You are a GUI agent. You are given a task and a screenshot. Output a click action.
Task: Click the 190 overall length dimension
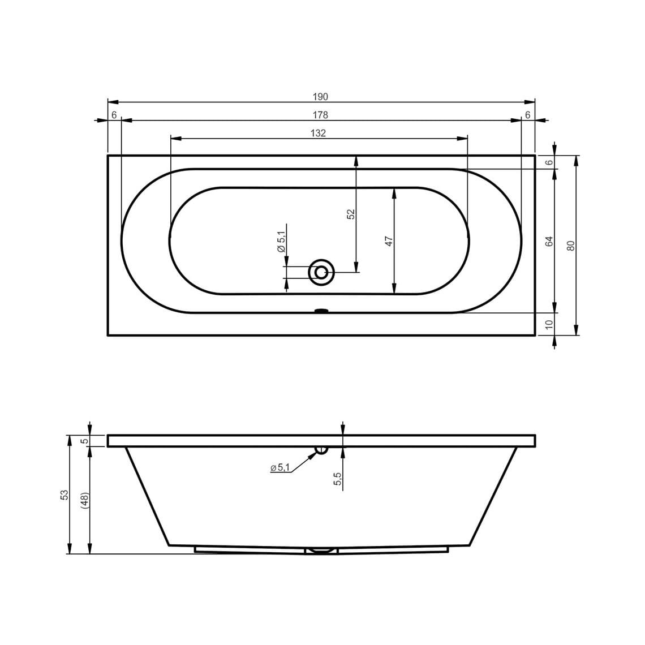coord(320,97)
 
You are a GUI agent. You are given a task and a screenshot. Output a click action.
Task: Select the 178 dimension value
coord(320,115)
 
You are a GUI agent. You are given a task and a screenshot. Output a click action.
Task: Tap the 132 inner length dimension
coord(319,133)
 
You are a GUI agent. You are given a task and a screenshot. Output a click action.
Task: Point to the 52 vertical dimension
coord(350,214)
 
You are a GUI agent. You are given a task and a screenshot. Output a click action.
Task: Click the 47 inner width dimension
coord(389,241)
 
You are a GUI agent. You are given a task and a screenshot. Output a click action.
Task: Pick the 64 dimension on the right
coord(549,241)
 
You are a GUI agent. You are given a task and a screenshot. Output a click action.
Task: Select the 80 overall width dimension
coord(570,246)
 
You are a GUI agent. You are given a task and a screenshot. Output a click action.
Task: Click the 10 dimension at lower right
coord(549,324)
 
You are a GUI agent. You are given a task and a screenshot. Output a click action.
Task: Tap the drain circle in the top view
coord(321,272)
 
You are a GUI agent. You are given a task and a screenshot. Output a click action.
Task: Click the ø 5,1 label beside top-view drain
coord(281,242)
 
